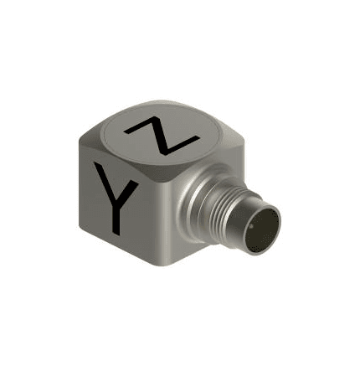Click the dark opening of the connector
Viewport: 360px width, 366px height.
262,230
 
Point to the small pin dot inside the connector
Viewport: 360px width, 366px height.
251,225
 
